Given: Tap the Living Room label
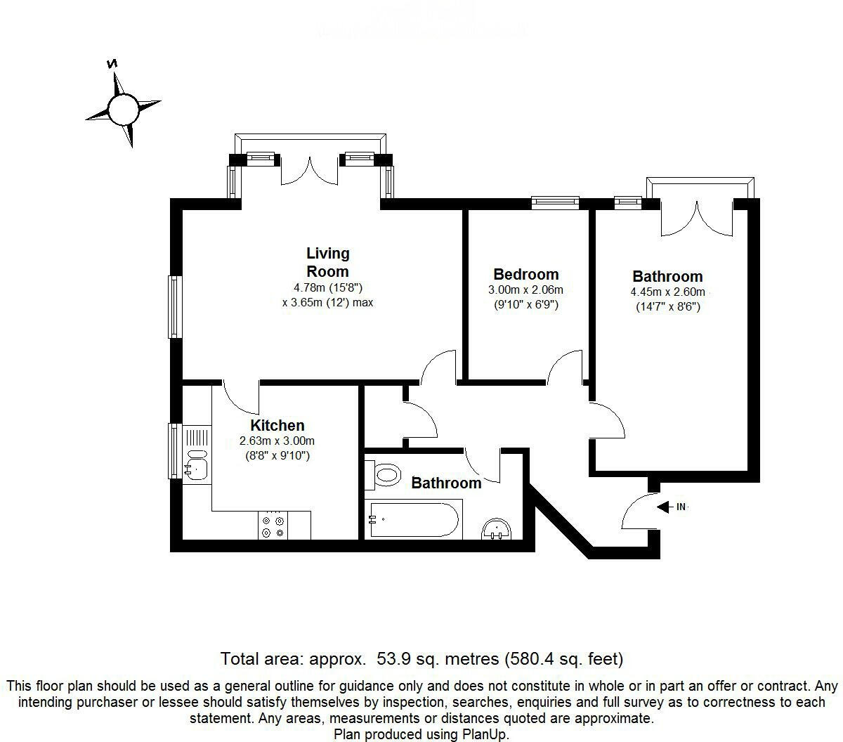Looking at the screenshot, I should point(327,262).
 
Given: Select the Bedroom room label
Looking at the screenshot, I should point(525,274).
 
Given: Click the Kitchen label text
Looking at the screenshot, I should point(277,425).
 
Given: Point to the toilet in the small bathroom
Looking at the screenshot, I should point(384,476).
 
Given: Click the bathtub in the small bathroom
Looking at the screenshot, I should point(413,519).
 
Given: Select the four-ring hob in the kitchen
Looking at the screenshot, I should point(273,526).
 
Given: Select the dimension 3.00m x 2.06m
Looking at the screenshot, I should point(525,290).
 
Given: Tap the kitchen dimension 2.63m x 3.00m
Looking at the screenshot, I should point(277,441).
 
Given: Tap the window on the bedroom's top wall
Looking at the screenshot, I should point(555,203).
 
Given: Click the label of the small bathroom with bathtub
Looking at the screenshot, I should point(446,483).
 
